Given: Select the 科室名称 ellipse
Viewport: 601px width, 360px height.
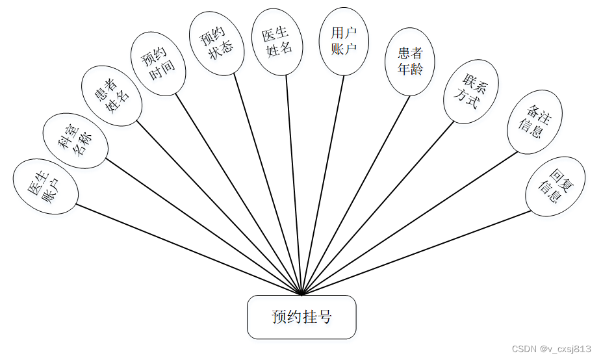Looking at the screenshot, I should point(75,143).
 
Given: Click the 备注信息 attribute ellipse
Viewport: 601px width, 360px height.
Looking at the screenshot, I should point(535,122).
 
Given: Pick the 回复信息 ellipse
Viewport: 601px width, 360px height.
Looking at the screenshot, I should point(555,186).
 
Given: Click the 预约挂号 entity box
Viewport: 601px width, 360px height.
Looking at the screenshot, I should point(301,317).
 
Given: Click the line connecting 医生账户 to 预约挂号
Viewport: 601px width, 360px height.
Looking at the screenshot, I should point(188,250).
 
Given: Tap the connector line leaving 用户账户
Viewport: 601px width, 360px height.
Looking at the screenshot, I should point(323,182).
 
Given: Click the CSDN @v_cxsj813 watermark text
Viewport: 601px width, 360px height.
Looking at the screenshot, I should point(551,349).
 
